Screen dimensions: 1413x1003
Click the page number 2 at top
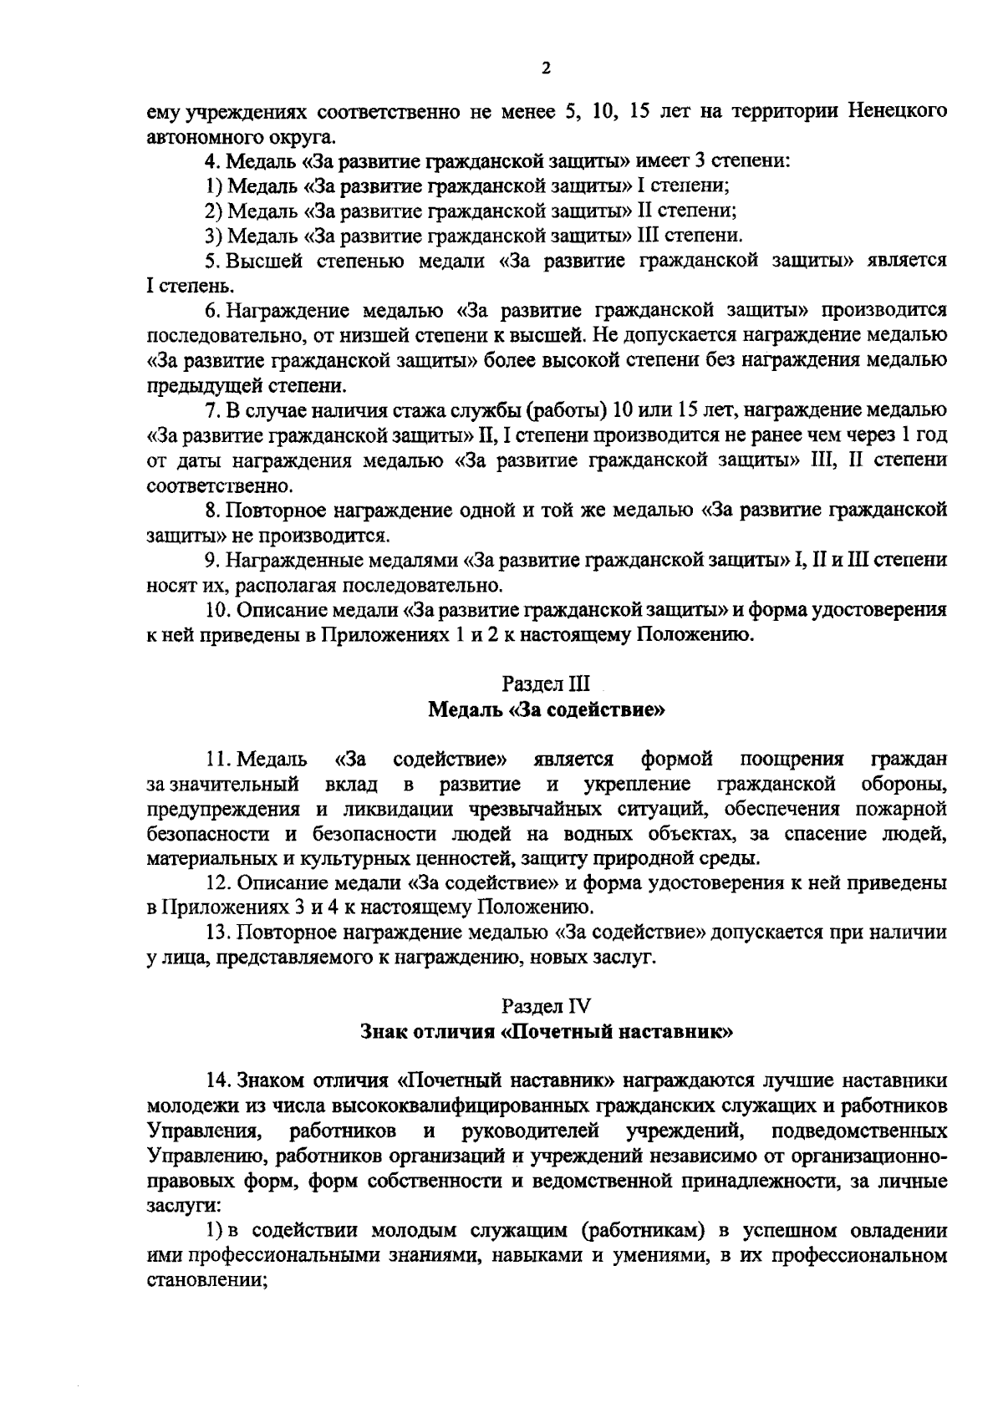(546, 69)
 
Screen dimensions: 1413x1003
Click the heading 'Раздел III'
(546, 684)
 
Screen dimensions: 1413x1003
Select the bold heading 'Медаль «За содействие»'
(546, 710)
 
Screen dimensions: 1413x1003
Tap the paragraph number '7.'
(212, 410)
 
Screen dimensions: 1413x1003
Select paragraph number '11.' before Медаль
(219, 759)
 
